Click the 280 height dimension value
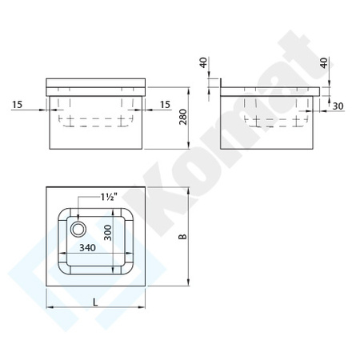[x=184, y=119]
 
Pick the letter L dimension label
[x=94, y=302]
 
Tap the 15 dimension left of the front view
[x=18, y=103]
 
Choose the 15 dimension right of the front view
[x=165, y=103]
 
